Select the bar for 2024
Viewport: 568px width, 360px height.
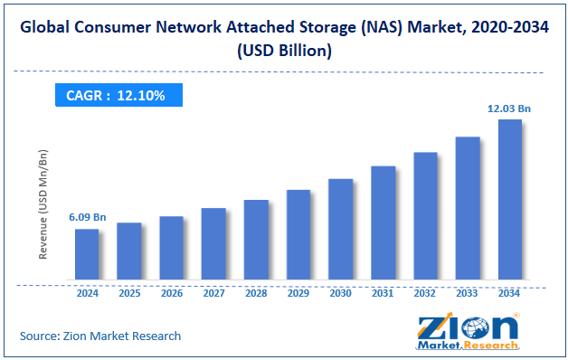[87, 254]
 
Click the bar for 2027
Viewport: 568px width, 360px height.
[214, 243]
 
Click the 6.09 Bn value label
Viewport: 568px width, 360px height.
[87, 218]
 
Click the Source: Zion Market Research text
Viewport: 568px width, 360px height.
[100, 336]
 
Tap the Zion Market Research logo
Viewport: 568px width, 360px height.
[468, 332]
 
